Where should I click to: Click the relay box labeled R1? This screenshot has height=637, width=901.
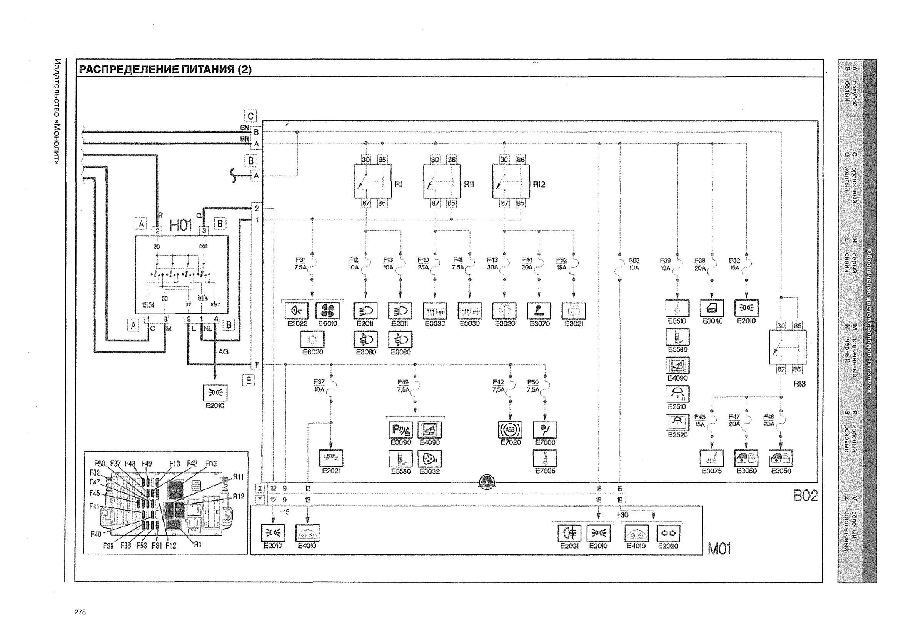click(x=372, y=181)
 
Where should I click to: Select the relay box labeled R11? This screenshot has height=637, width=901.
click(x=442, y=181)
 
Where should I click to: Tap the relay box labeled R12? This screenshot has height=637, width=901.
click(x=511, y=181)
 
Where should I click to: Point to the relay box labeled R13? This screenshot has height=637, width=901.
click(x=787, y=347)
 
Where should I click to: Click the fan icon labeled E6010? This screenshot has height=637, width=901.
click(x=327, y=311)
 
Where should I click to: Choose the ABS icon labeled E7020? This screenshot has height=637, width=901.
click(x=510, y=430)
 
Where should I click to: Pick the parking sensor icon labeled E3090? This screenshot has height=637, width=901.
click(x=400, y=430)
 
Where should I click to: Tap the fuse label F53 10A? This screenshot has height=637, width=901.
click(x=633, y=264)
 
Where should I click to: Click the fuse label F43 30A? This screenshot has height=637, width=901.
click(x=492, y=264)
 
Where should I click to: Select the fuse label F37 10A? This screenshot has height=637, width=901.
click(x=319, y=386)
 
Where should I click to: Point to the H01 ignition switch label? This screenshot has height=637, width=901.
click(x=180, y=225)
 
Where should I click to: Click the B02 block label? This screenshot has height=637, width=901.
click(x=805, y=496)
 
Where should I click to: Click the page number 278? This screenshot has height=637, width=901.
click(x=80, y=612)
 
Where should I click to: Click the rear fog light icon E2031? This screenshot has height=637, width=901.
click(x=569, y=534)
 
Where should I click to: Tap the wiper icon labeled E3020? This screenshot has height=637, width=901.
click(x=504, y=311)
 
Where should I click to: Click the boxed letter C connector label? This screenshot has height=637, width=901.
click(x=250, y=116)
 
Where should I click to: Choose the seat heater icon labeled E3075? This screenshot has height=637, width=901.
click(x=711, y=458)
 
